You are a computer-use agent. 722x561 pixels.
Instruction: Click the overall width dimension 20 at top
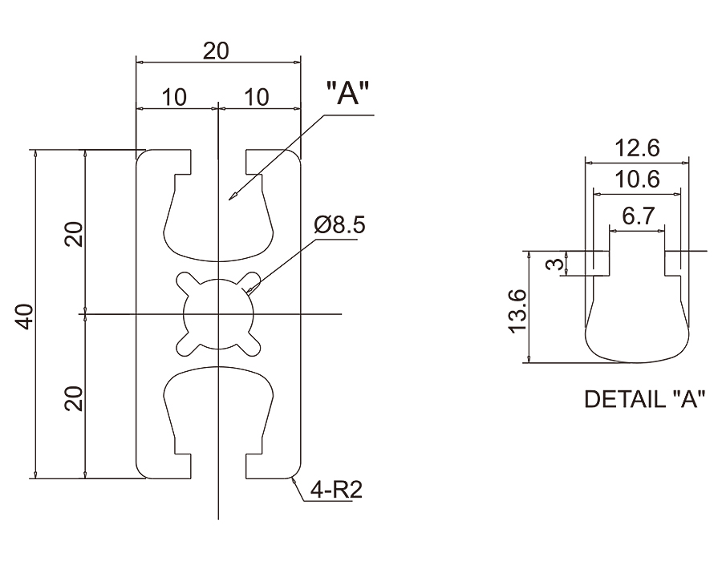tap(216, 51)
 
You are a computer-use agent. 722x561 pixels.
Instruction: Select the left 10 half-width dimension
tap(174, 98)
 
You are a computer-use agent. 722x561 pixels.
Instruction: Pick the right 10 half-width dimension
tap(257, 98)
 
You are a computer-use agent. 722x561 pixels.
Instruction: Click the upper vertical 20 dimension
tap(74, 235)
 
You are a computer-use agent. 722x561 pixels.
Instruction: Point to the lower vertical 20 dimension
tap(74, 398)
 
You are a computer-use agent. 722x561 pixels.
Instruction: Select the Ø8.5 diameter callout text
tap(339, 225)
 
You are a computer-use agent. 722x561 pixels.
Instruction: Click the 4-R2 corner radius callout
tap(337, 490)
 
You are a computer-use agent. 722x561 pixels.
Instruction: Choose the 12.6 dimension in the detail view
tap(637, 148)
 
